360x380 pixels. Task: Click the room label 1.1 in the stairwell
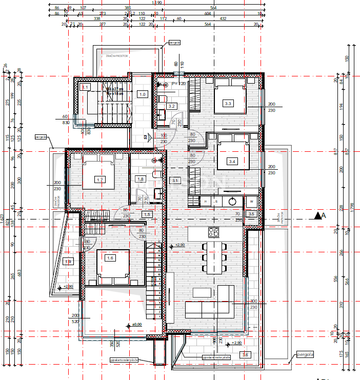pos(86,87)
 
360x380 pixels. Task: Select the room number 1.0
pos(143,94)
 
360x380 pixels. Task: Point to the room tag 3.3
pos(228,104)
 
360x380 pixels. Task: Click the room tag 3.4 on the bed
pos(232,162)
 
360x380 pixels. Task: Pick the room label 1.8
pos(140,179)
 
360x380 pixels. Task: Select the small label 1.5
pos(147,214)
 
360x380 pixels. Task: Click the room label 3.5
pos(251,214)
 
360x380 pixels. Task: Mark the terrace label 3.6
pos(245,355)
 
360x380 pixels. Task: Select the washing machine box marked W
pos(251,202)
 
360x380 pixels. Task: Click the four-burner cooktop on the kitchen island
pos(213,233)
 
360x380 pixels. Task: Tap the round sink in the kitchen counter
pos(233,202)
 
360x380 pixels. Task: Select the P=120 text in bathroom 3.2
pos(178,84)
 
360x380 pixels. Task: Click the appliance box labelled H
pos(205,202)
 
